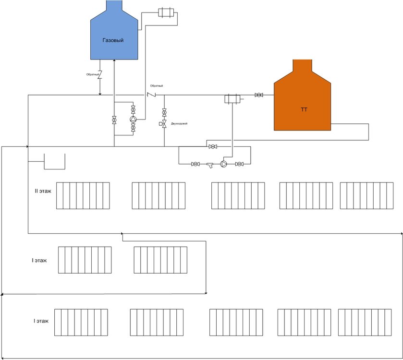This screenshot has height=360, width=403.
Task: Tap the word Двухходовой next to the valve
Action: click(179, 124)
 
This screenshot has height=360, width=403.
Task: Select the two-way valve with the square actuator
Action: click(164, 124)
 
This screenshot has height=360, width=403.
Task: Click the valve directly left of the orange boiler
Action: click(259, 95)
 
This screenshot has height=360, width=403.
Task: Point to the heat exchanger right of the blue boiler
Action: click(166, 12)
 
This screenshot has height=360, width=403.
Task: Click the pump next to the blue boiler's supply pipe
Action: click(133, 120)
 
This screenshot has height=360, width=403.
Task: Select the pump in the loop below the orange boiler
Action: click(224, 164)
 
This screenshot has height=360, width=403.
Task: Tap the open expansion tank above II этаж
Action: click(54, 162)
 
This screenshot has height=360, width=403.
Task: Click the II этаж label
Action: click(43, 191)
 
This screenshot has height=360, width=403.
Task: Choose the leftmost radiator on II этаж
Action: click(83, 195)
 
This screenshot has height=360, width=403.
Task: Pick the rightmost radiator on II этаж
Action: click(366, 195)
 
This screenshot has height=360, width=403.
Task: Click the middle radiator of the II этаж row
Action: click(238, 195)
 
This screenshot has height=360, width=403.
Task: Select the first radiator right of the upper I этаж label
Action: click(85, 260)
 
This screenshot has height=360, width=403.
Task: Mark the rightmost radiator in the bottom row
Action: click(364, 322)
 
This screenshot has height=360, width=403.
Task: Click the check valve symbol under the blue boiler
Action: click(100, 74)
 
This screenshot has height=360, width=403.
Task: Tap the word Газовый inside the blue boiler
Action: click(113, 40)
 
